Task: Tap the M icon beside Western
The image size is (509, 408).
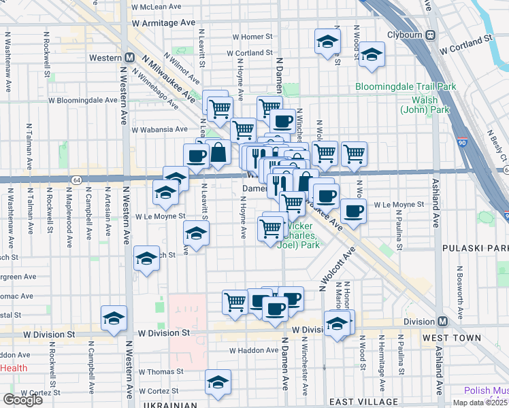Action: click(129, 58)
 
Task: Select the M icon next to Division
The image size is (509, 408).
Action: click(442, 321)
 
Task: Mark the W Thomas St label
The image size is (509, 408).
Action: click(162, 372)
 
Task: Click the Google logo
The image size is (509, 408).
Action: click(22, 400)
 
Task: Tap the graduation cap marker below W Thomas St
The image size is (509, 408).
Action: click(218, 382)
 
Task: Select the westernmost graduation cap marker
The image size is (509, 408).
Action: click(114, 318)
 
